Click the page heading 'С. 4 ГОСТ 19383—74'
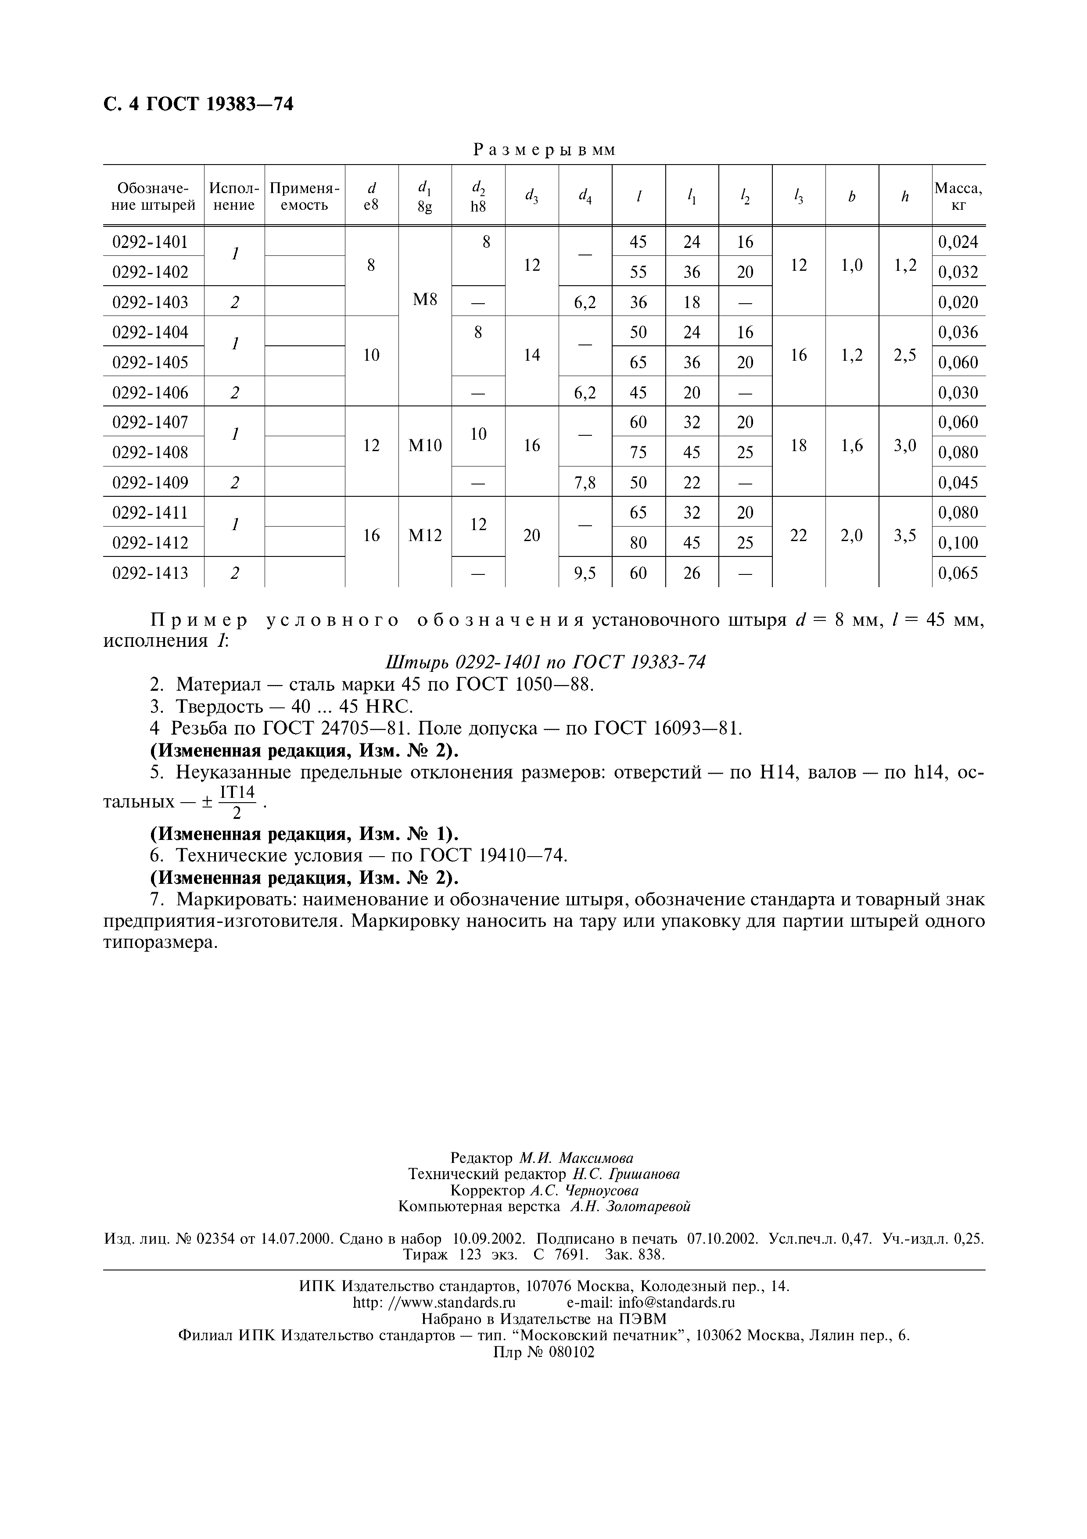(x=198, y=104)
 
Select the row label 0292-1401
(x=150, y=242)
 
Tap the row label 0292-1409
(x=150, y=483)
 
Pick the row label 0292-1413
(x=150, y=573)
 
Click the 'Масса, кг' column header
(x=958, y=197)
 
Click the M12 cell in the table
(x=425, y=535)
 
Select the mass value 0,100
(x=958, y=543)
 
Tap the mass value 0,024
(x=958, y=242)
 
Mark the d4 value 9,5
(x=585, y=573)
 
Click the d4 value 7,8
(x=585, y=483)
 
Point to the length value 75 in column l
(x=638, y=452)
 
